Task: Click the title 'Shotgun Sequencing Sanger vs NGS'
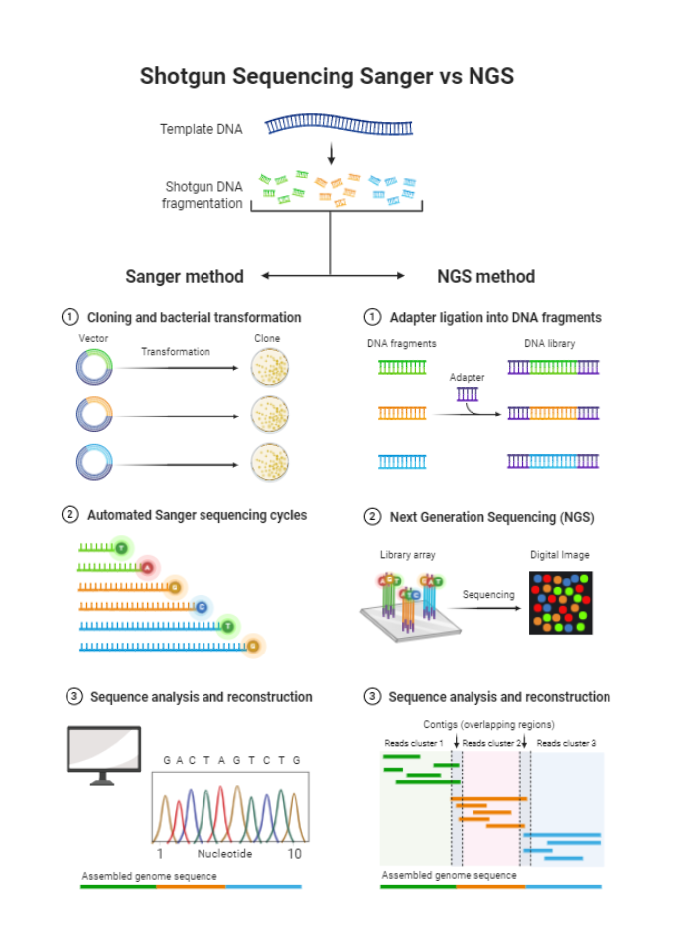327,76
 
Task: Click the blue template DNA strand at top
338,126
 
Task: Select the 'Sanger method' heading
184,277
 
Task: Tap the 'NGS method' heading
485,277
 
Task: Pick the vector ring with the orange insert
94,415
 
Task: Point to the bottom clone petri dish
269,462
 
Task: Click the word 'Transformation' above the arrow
176,352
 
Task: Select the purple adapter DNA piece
467,394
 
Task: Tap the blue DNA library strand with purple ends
553,461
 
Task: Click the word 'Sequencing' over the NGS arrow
488,595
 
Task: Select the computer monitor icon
103,753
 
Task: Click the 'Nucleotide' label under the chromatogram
224,854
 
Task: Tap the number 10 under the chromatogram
294,854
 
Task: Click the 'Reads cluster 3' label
566,743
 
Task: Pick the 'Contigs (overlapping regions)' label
488,725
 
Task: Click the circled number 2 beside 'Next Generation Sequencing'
372,517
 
